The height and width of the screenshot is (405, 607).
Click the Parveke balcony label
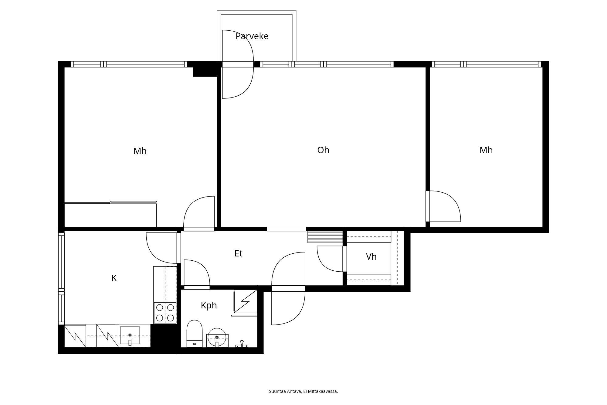click(252, 36)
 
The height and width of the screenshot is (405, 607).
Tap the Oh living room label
click(323, 150)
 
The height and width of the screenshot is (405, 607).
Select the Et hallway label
click(238, 253)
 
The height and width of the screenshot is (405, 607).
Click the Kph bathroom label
click(209, 305)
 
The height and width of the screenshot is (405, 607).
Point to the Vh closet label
click(371, 257)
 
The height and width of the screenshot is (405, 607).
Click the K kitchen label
click(114, 278)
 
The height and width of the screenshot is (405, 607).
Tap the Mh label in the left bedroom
click(140, 151)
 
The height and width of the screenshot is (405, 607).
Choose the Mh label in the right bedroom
click(486, 150)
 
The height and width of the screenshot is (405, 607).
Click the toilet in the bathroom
click(194, 333)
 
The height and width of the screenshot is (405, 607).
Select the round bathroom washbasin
click(217, 337)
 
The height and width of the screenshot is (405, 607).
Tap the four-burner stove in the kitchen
click(165, 313)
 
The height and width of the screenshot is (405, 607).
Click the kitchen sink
click(130, 335)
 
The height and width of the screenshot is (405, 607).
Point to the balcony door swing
click(238, 64)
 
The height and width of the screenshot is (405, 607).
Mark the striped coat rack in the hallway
click(325, 237)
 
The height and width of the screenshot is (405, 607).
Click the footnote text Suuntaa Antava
click(285, 391)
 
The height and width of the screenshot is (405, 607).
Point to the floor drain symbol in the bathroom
click(242, 344)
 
